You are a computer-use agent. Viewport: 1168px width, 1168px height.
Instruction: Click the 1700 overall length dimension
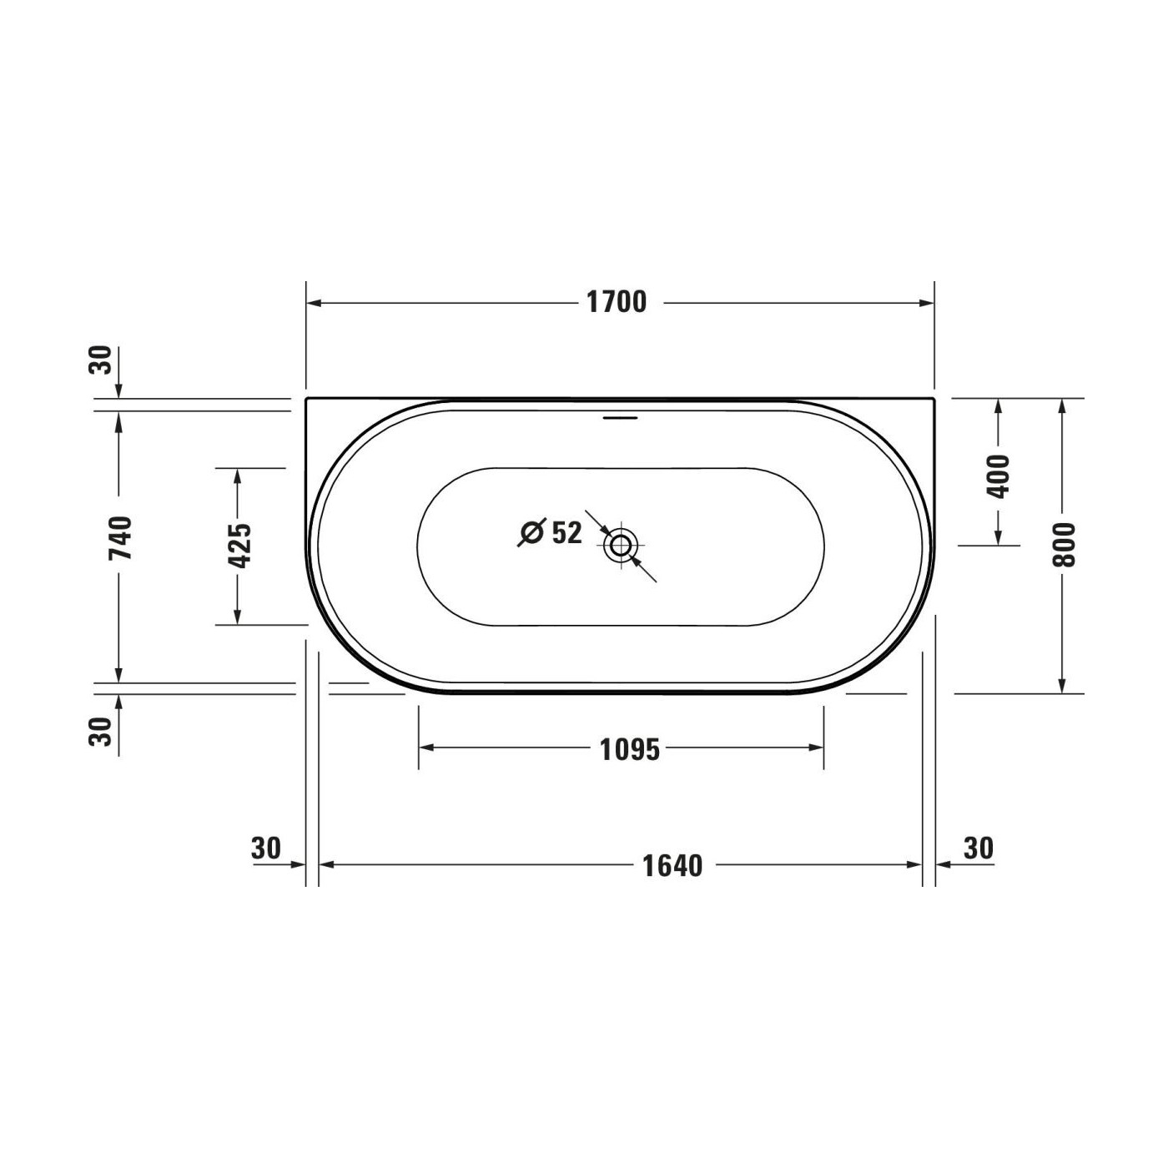coord(617,303)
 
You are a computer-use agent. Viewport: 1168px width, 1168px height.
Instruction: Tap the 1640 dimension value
coord(672,865)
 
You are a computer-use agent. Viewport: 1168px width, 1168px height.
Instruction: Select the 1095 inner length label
coord(629,750)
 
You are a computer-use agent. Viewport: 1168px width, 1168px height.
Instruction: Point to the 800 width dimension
coord(1064,545)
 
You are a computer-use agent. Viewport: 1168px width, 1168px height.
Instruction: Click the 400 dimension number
coord(999,477)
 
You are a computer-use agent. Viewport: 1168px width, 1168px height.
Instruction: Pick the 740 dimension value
coord(120,539)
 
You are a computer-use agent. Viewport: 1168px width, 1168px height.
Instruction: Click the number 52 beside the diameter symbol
coord(566,532)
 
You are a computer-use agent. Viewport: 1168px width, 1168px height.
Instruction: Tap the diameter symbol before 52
coord(532,533)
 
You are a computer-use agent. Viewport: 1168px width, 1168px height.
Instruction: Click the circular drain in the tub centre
coord(620,545)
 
